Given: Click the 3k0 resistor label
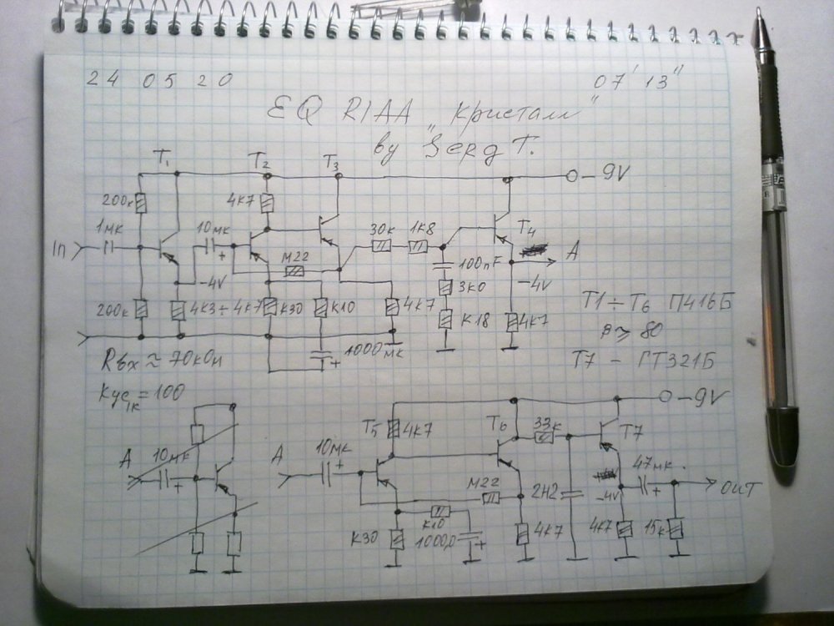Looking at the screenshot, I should point(470,288).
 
